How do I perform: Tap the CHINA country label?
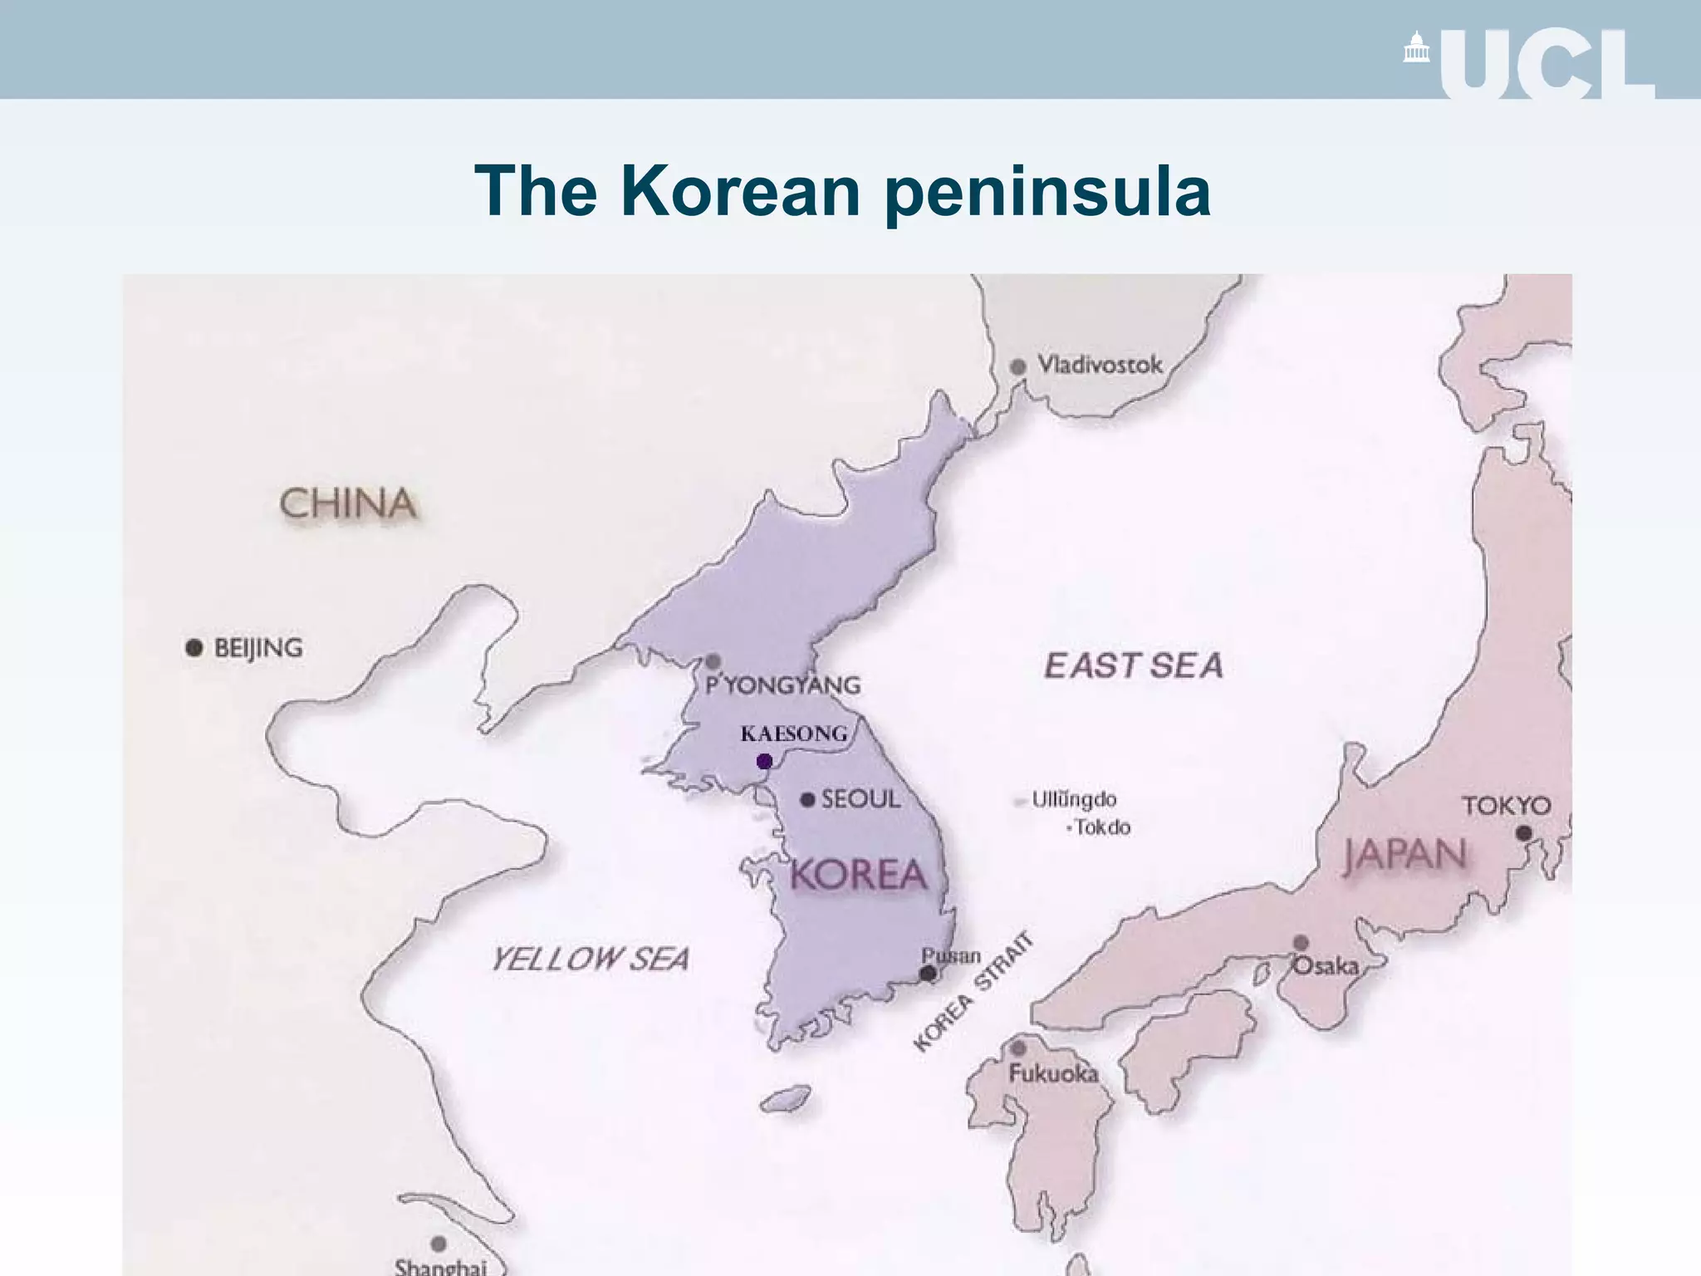347,504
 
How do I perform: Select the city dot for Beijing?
194,647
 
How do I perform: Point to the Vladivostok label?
1100,365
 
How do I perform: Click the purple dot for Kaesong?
765,761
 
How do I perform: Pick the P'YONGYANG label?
782,685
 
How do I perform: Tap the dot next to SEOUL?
807,799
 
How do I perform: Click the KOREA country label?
858,875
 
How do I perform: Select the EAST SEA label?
1134,665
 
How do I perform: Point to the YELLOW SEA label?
591,959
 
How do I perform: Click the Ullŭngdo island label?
1074,799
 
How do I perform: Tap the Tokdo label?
1102,827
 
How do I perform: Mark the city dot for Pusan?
929,974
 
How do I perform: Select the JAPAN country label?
1405,856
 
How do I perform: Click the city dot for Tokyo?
1523,832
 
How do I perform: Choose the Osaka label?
1326,966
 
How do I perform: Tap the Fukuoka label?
1053,1073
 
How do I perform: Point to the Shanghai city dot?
439,1244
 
